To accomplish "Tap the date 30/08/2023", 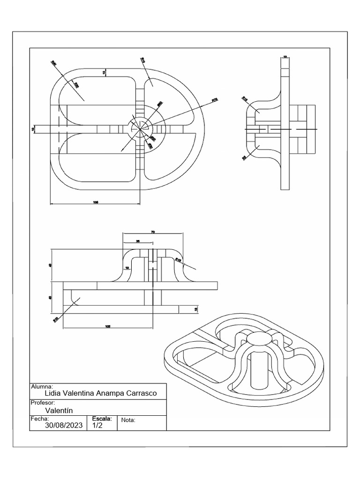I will (64, 426).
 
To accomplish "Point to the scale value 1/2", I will (97, 426).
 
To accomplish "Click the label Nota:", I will (128, 420).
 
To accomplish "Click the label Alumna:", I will (42, 387).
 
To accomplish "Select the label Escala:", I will (102, 418).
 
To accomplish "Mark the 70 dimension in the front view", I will (153, 232).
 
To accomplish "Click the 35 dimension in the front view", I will (138, 241).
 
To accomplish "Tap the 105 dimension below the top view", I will (96, 202).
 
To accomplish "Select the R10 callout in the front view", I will (56, 320).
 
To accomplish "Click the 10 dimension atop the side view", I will (285, 57).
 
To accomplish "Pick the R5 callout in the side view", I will (244, 158).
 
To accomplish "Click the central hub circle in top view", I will (139, 128).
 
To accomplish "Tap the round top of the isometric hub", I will (258, 338).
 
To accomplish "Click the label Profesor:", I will (43, 403).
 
